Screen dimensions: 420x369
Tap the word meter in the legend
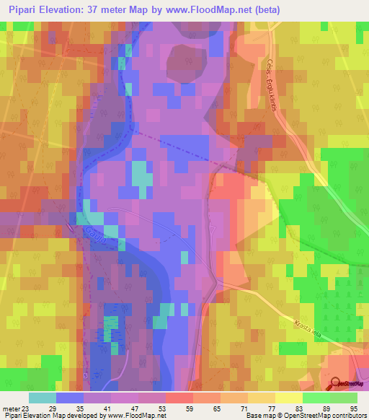click(x=9, y=408)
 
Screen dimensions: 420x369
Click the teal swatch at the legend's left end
click(x=43, y=397)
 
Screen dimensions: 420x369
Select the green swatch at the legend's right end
click(x=344, y=397)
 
